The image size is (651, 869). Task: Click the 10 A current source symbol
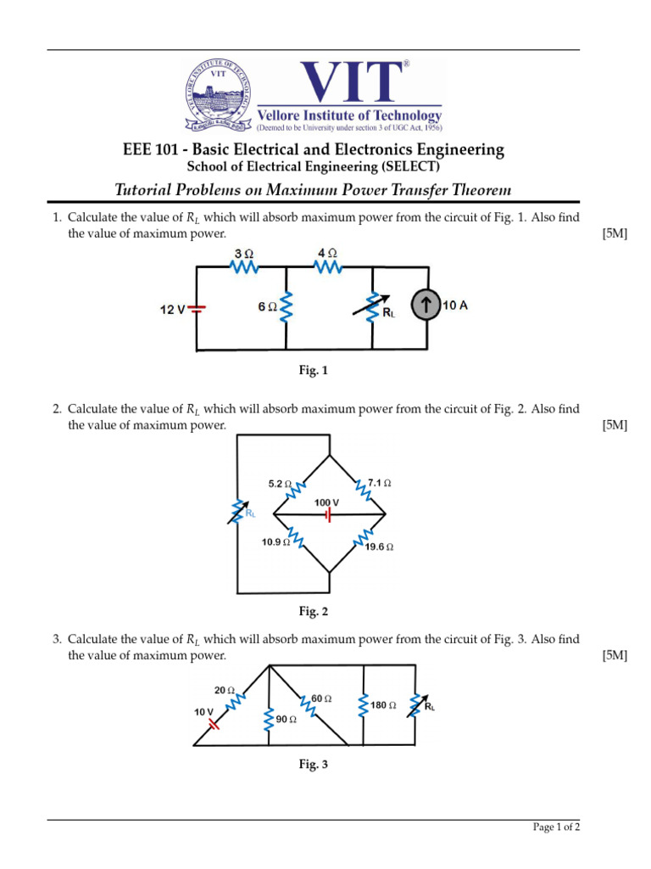click(x=426, y=306)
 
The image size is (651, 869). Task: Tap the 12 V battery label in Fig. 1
click(x=172, y=310)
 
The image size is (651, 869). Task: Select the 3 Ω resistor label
click(x=243, y=254)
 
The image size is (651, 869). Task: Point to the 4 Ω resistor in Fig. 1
click(x=328, y=266)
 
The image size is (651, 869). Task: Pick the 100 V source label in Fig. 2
click(x=326, y=502)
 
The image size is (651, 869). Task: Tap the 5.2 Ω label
click(x=280, y=484)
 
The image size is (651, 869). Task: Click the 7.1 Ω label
click(x=379, y=483)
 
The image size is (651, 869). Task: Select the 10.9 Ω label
click(x=275, y=541)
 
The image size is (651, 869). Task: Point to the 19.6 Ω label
click(x=379, y=547)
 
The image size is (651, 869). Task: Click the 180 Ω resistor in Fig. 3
click(x=364, y=704)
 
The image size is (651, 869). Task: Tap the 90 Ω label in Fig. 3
click(x=286, y=719)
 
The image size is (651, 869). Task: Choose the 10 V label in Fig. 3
click(x=204, y=712)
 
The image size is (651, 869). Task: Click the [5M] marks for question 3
click(x=615, y=655)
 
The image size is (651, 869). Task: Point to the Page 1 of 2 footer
click(x=556, y=827)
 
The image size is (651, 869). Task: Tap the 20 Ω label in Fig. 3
click(x=225, y=690)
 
